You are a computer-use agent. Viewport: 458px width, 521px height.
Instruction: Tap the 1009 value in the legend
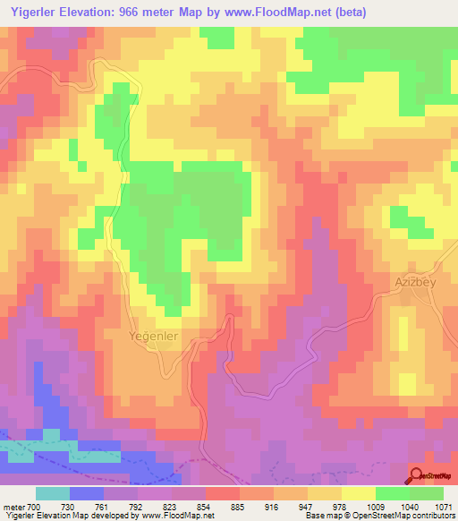click(374, 508)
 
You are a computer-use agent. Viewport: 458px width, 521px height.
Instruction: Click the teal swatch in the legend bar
click(53, 493)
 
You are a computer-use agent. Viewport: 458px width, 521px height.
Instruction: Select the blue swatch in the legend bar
click(87, 493)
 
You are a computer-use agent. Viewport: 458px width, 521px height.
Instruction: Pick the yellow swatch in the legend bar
click(358, 493)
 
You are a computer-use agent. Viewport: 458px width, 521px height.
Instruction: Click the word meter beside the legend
click(13, 508)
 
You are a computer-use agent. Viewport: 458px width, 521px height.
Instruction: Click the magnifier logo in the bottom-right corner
click(416, 475)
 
